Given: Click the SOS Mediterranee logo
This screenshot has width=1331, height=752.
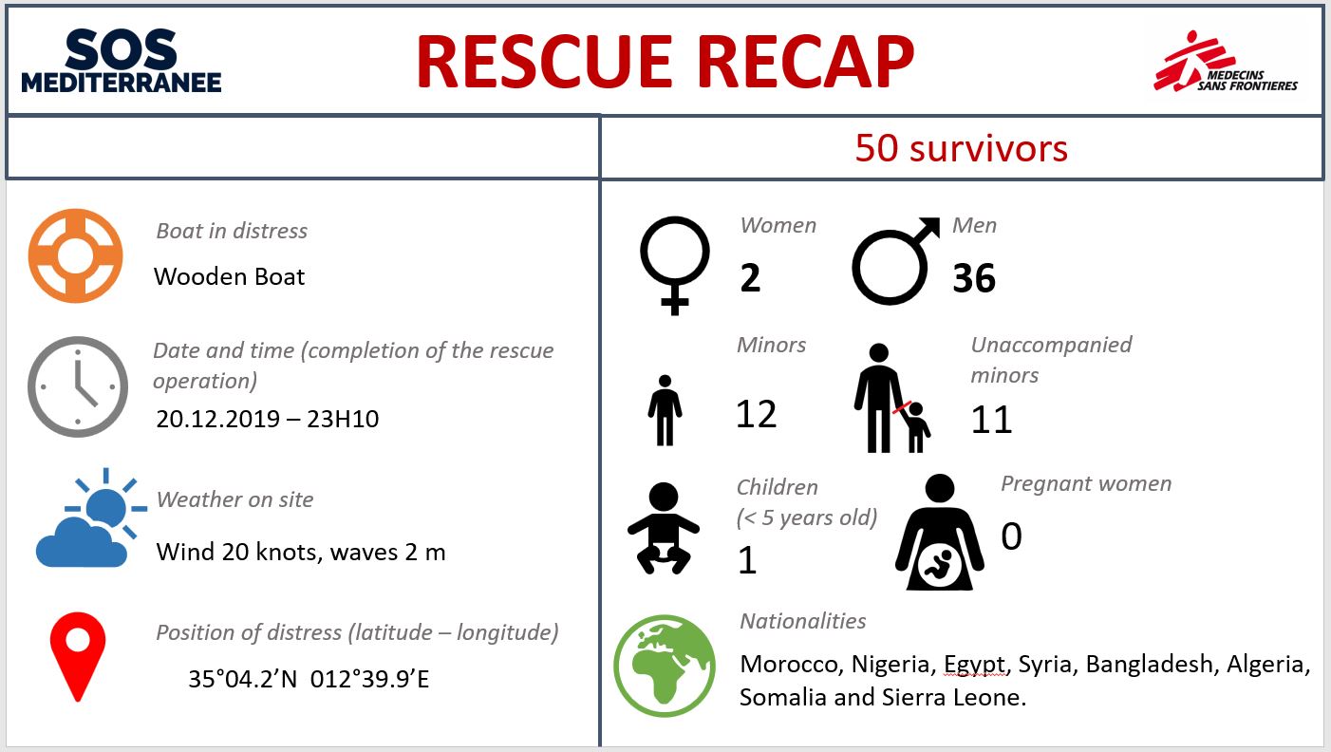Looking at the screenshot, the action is click(x=122, y=61).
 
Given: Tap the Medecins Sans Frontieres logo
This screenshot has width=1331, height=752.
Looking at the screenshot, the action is click(x=1226, y=62).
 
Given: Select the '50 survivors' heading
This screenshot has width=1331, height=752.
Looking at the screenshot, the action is click(x=962, y=148).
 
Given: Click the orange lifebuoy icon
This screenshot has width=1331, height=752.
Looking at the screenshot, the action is click(x=75, y=255).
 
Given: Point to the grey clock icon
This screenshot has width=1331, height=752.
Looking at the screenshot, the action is click(x=78, y=387).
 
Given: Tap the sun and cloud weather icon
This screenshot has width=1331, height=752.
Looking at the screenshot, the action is click(x=91, y=518).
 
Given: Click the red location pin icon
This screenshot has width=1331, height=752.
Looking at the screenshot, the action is click(x=78, y=656).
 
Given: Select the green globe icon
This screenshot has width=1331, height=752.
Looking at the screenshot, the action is click(x=665, y=666).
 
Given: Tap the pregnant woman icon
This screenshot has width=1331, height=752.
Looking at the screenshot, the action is click(x=940, y=532).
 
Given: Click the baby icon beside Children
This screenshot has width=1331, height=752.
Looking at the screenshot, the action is click(x=664, y=528).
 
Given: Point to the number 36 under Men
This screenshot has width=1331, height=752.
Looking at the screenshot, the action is click(x=974, y=277).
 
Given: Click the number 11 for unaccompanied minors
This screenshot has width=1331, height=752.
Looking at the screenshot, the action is click(x=991, y=420).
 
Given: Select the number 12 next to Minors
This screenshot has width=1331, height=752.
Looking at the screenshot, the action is click(x=756, y=414).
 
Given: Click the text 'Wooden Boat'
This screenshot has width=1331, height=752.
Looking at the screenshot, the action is click(x=230, y=276).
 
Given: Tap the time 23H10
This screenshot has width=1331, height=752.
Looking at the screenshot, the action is click(x=343, y=419).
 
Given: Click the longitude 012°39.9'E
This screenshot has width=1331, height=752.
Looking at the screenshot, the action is click(x=369, y=679).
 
